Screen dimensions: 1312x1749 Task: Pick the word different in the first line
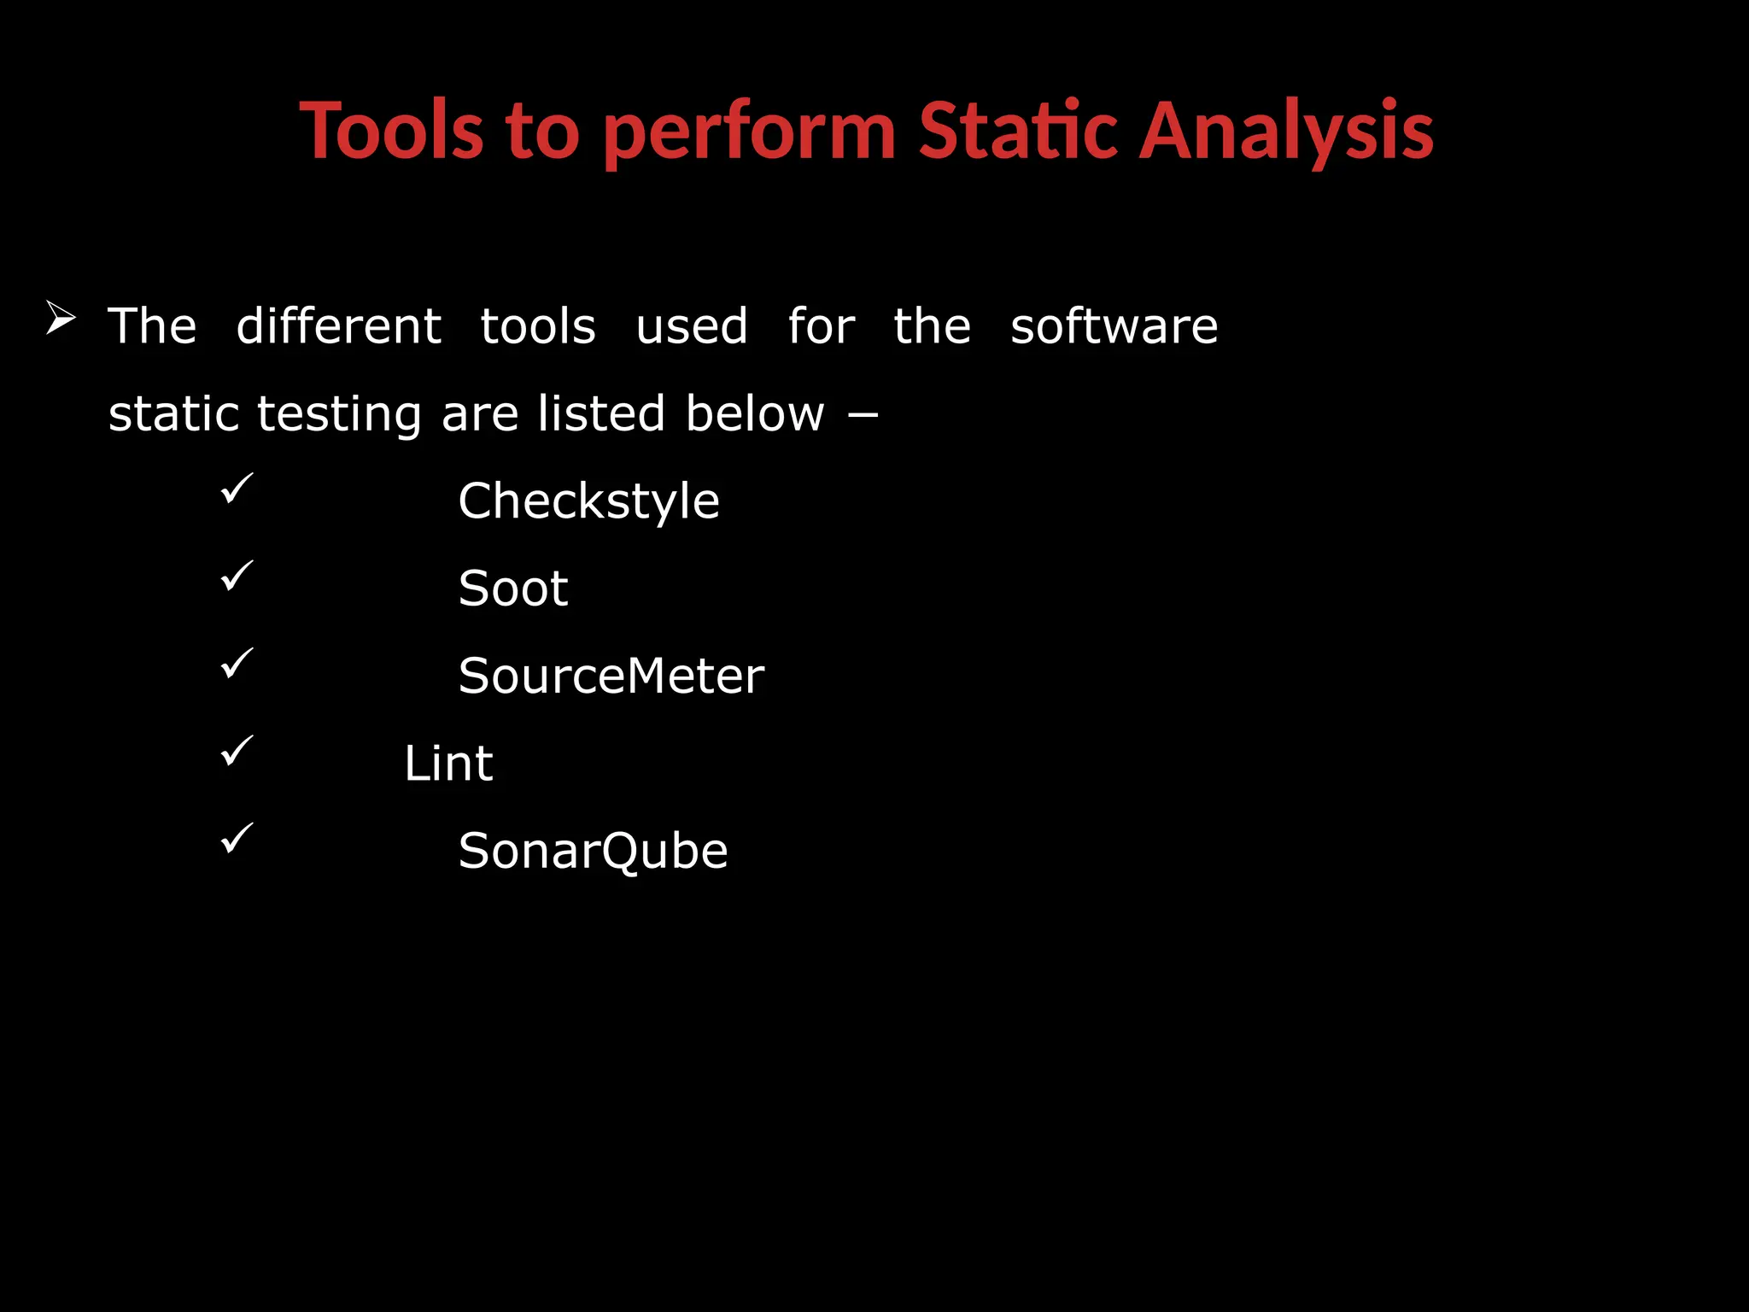point(338,326)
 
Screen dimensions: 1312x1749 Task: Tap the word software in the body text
point(1114,326)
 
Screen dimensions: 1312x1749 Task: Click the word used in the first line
point(692,326)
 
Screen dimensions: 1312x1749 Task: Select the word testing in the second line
point(339,414)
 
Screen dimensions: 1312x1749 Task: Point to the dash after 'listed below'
point(863,416)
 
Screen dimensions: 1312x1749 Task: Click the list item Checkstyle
point(588,501)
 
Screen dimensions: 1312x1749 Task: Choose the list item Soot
point(512,589)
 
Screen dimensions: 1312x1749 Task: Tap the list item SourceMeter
point(611,676)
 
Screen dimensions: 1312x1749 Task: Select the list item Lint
point(447,763)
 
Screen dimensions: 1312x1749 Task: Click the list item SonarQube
point(593,851)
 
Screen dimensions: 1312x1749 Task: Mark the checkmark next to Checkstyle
point(237,489)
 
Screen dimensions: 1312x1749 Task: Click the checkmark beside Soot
point(237,576)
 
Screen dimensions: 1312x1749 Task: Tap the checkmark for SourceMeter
point(237,664)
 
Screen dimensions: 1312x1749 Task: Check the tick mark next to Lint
point(237,751)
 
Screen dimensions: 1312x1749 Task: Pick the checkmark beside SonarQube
point(237,838)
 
